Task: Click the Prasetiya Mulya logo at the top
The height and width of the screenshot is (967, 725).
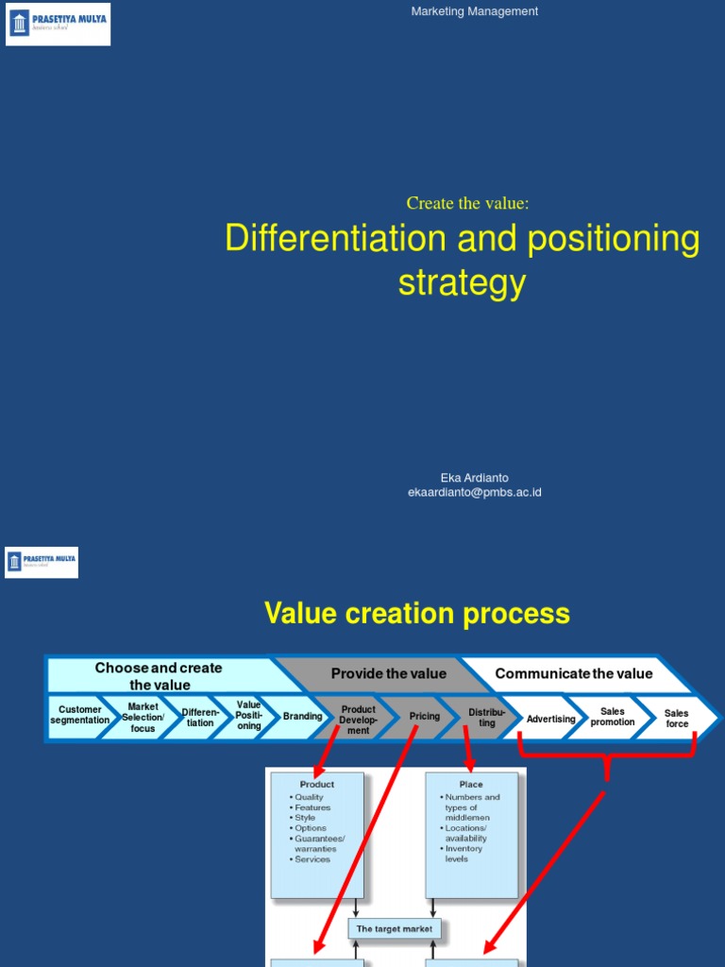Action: coord(58,24)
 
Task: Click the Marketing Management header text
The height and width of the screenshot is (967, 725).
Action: coord(475,11)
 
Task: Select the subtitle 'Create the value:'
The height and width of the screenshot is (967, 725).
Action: coord(467,203)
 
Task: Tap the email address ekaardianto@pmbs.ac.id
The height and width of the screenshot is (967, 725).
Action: coord(474,492)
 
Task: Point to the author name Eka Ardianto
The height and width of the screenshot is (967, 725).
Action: coord(474,478)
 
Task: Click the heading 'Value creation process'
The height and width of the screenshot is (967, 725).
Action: coord(417,614)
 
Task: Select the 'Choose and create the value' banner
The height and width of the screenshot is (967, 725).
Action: coord(159,676)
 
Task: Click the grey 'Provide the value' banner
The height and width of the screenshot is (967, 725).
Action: coord(388,674)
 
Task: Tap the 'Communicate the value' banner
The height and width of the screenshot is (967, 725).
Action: coord(573,674)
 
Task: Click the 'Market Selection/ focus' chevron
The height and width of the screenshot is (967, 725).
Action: coord(143,718)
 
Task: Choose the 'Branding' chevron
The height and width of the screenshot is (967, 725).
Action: coord(302,717)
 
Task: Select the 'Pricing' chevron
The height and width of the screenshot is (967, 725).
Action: coord(424,717)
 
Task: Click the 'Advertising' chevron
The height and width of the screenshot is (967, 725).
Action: coord(550,719)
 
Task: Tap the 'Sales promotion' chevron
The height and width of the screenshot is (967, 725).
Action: coord(613,718)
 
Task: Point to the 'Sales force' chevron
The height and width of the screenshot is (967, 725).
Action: coord(677,719)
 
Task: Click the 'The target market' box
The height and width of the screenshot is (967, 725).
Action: coord(395,929)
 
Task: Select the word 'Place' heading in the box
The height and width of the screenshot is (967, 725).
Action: coord(471,785)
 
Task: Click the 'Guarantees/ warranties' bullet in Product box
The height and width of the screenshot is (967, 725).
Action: coord(319,843)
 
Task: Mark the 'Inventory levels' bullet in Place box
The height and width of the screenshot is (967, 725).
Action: coord(464,854)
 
